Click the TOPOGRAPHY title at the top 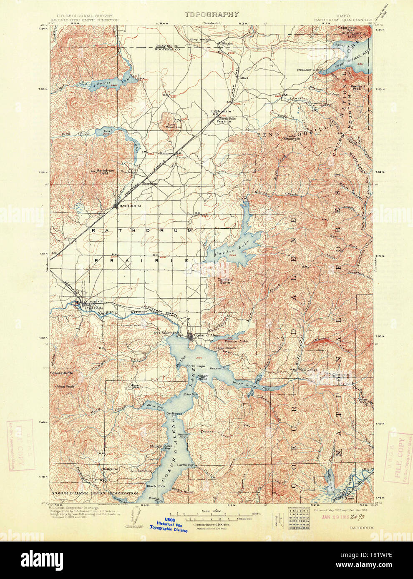coord(212,15)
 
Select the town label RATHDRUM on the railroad coord(130,206)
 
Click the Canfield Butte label coord(224,281)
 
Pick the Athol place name coord(244,78)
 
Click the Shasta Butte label coord(61,373)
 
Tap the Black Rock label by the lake coord(156,486)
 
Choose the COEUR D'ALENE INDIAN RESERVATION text coord(95,493)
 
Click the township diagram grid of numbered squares coord(299,518)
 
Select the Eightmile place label coord(221,112)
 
